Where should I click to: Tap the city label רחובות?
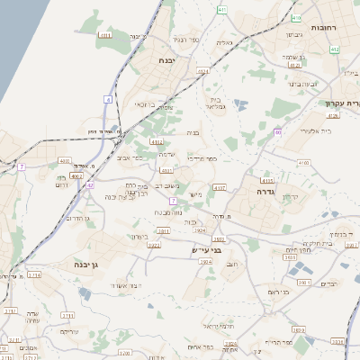(324, 28)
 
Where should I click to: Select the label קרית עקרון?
(342, 103)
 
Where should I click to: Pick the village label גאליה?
(224, 42)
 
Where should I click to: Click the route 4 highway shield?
(108, 98)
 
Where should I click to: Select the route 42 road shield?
(90, 185)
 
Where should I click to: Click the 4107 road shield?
(220, 187)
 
